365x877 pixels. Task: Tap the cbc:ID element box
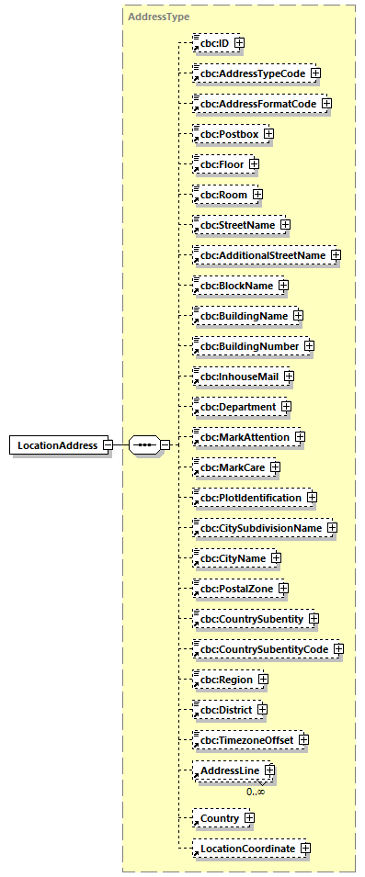[211, 42]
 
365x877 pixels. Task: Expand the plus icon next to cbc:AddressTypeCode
[314, 73]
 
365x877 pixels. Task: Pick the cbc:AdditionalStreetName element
[263, 254]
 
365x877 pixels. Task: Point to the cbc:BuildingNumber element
[246, 345]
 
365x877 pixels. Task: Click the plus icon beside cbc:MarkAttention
[300, 437]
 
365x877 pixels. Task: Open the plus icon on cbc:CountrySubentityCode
[338, 649]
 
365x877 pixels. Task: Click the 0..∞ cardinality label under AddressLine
[255, 791]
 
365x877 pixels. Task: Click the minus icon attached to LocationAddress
[108, 445]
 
